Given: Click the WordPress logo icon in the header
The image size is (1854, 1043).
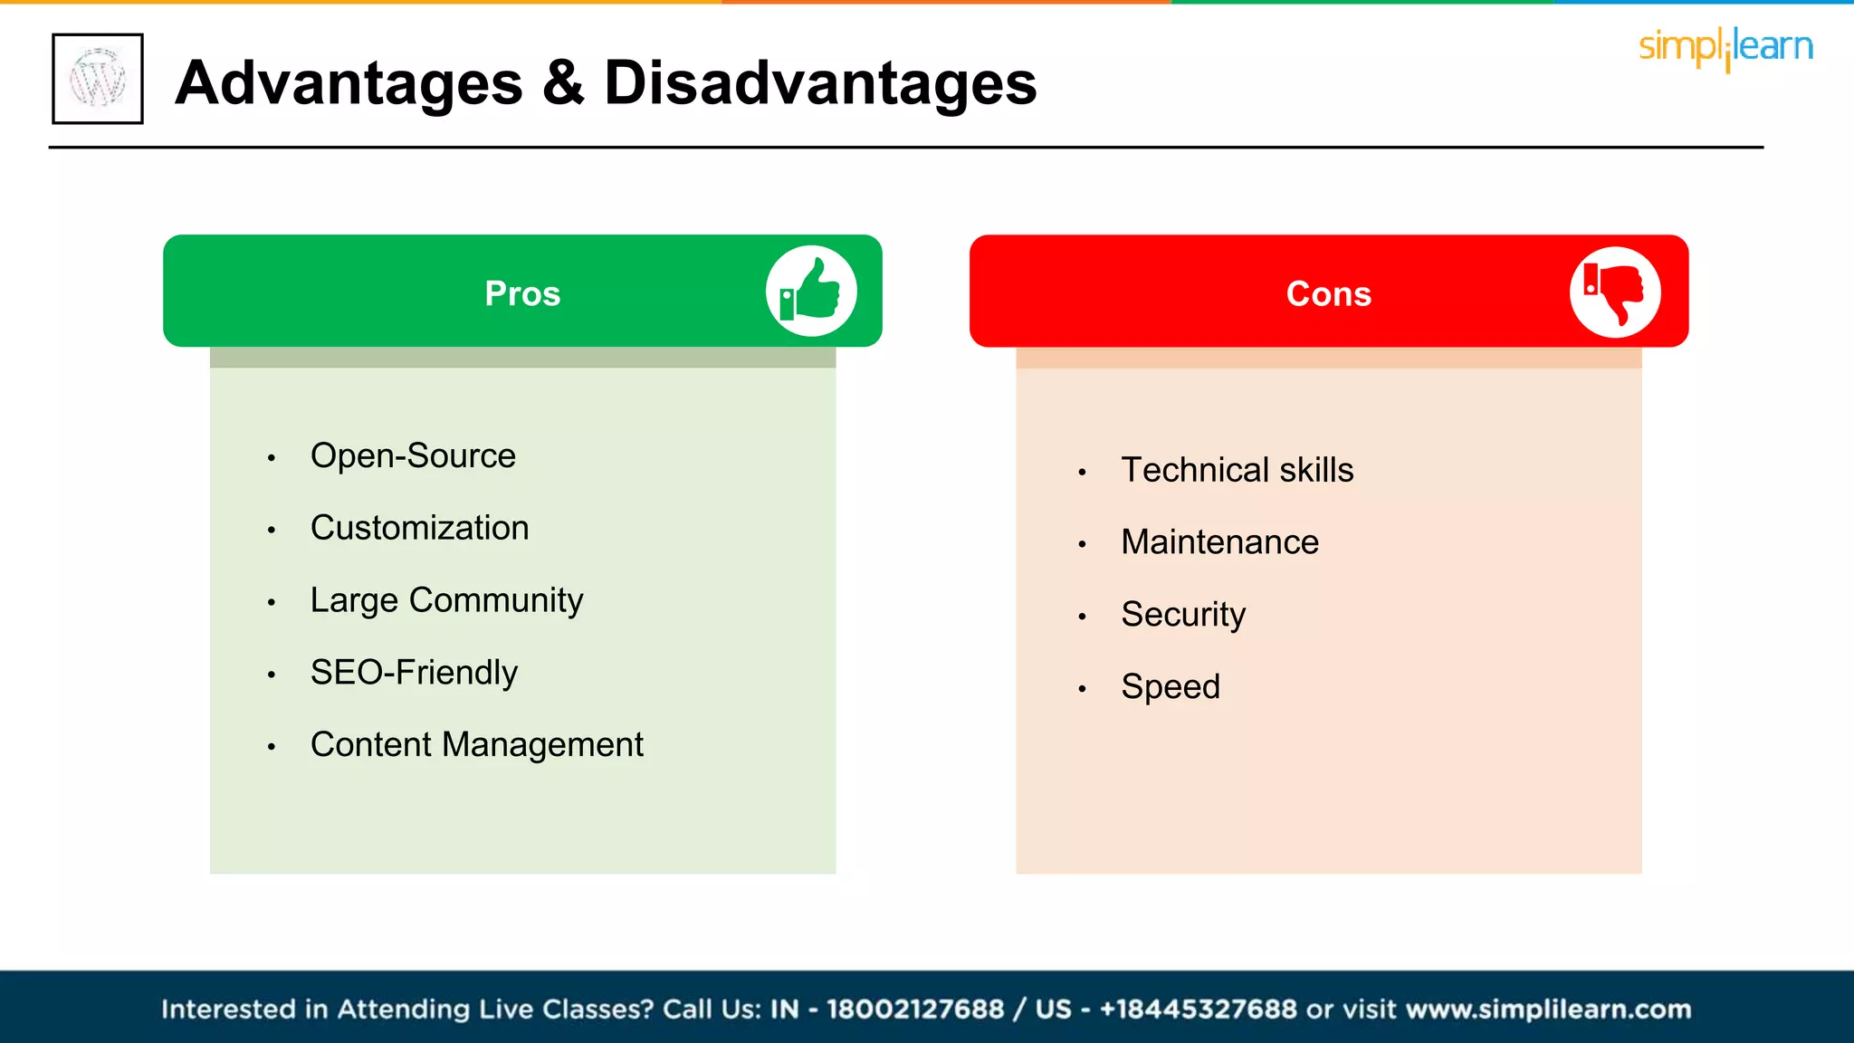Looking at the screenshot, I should (x=98, y=79).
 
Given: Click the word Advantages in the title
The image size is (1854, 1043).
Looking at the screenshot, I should (x=349, y=83).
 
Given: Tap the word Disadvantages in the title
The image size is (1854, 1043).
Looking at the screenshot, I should (x=819, y=83).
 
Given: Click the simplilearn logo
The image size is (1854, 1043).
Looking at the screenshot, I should (x=1725, y=47).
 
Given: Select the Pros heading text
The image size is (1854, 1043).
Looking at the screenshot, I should (x=522, y=293).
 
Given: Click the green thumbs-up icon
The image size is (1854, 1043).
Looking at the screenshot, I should (x=811, y=291).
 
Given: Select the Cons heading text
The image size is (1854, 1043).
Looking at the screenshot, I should (x=1328, y=293).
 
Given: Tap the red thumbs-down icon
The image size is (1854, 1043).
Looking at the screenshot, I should (x=1614, y=292).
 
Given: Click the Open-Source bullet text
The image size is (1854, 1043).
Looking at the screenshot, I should (x=413, y=455).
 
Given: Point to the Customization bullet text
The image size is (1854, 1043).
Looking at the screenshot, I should (x=419, y=528).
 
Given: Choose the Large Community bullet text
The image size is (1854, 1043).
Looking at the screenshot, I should (x=446, y=600).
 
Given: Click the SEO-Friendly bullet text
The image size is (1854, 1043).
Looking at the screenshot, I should (x=414, y=673).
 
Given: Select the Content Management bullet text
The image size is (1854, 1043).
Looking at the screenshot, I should (x=476, y=745).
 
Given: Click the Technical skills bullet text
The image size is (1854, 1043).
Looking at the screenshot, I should (x=1237, y=470).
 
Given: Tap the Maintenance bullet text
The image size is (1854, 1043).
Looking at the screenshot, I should (x=1219, y=542).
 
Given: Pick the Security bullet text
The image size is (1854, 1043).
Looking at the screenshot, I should (x=1183, y=615).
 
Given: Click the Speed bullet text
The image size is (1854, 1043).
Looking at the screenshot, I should (x=1170, y=686).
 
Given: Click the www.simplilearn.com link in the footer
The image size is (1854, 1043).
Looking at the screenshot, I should (x=1548, y=1009).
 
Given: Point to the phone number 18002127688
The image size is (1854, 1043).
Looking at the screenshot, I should (x=914, y=1009).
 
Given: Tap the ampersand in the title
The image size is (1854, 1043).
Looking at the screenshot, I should (x=563, y=83).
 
